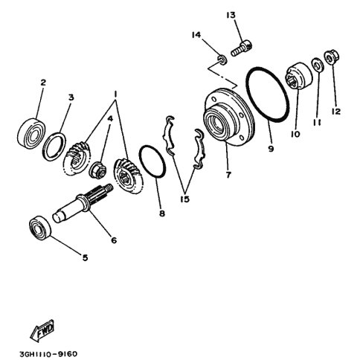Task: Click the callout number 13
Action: tap(231, 16)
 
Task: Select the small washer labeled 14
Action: tap(222, 60)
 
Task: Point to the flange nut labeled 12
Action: tap(332, 57)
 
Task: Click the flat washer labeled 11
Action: tap(318, 65)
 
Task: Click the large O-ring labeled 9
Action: tap(268, 94)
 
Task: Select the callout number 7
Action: tap(228, 175)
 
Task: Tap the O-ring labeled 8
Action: tap(152, 161)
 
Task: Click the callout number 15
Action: tap(185, 199)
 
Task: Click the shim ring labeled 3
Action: tap(54, 147)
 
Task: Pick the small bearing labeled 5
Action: tap(40, 228)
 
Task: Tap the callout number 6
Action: tap(114, 240)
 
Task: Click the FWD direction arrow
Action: tap(42, 330)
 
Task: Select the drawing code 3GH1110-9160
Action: tap(48, 353)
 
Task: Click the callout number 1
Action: tap(115, 94)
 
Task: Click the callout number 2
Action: tap(43, 83)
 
